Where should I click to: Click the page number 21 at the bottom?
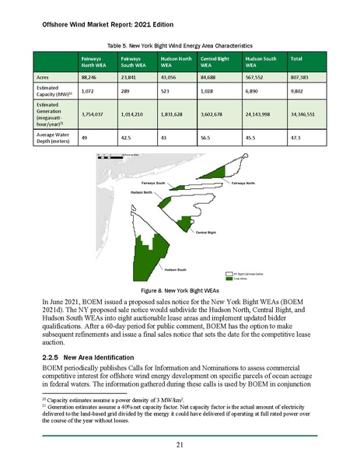[180, 445]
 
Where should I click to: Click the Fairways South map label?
[153, 182]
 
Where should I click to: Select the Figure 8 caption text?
[180, 289]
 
